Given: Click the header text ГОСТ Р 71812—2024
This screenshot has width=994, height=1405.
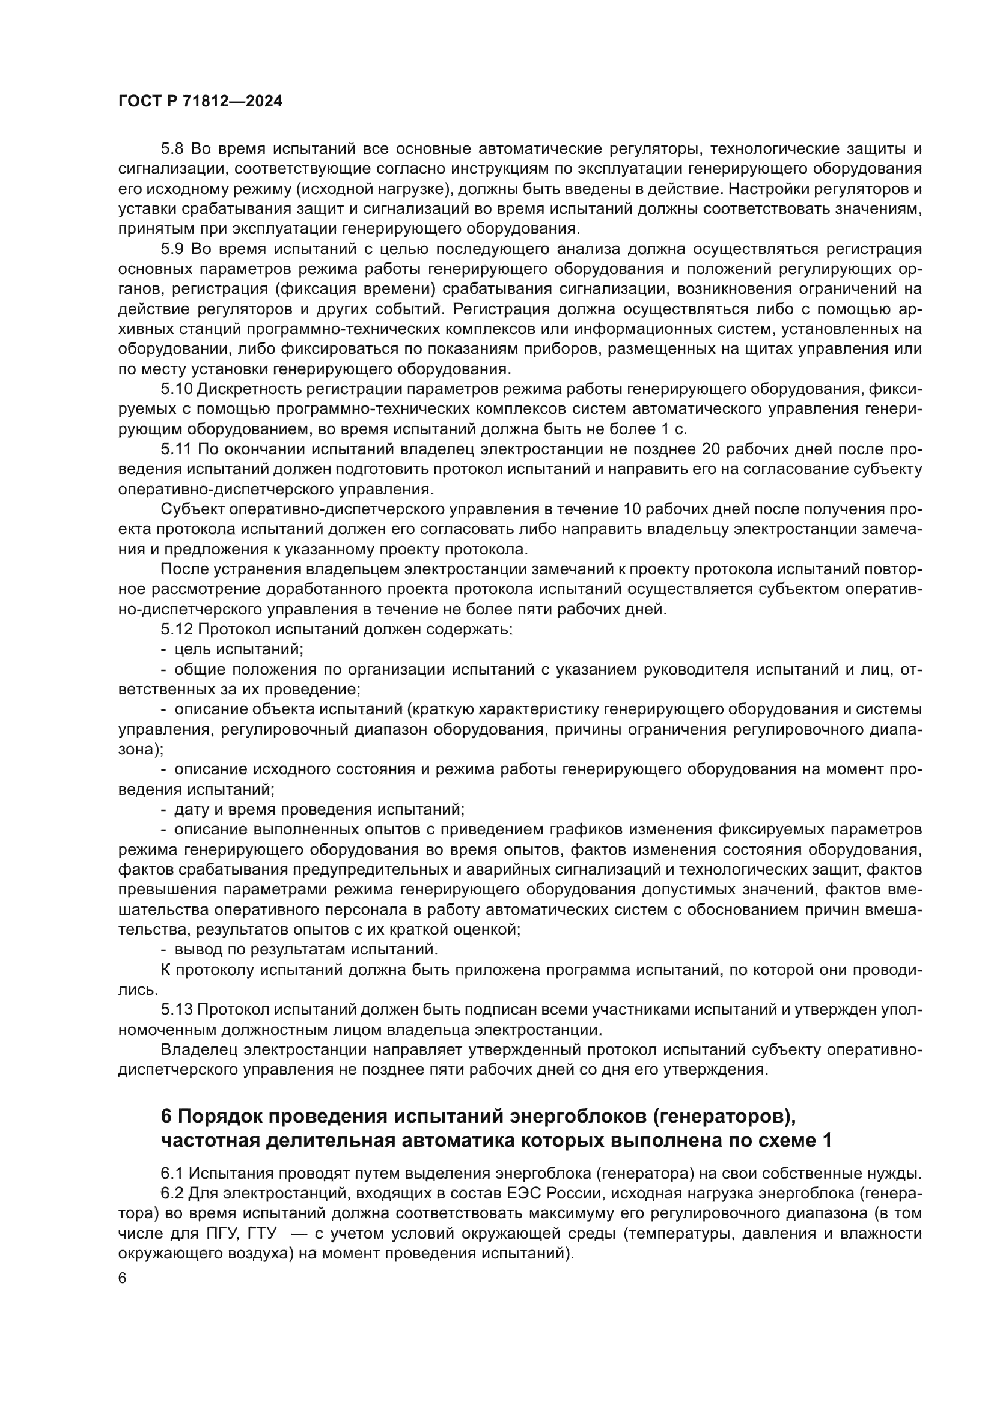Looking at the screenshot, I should coord(200,102).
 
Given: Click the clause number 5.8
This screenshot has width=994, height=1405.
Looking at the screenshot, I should coord(173,149).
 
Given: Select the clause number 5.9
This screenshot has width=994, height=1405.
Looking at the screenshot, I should coord(173,249).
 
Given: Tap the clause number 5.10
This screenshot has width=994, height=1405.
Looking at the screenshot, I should coord(177,389).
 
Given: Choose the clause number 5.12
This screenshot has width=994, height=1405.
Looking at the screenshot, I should coord(177,629).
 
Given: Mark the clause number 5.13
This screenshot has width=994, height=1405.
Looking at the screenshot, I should coord(177,1009).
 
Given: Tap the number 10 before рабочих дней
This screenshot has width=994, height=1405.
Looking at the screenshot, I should coord(633,509).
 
